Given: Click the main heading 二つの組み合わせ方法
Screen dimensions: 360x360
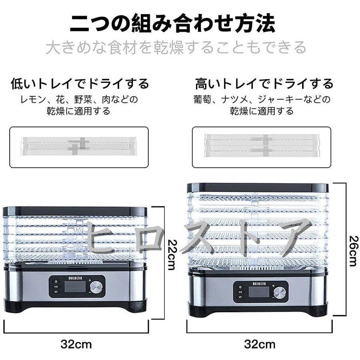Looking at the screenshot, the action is (172, 23).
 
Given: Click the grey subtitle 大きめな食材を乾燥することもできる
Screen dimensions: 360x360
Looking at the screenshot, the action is (176, 48).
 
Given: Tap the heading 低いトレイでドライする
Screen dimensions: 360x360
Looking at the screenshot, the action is (80, 84).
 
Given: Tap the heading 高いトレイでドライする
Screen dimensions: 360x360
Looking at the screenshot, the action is (264, 84).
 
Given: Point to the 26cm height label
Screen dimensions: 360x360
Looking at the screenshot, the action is (352, 250).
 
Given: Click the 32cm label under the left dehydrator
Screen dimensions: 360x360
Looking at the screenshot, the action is (76, 344).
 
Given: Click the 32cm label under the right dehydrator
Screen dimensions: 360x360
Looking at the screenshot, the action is (260, 344).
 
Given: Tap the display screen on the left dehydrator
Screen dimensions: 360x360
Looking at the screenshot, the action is (75, 287).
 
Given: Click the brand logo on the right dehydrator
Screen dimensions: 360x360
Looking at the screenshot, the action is (259, 281).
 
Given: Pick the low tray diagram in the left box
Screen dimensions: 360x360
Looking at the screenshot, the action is (78, 147).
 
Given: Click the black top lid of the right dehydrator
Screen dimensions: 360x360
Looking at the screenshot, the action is (258, 188).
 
